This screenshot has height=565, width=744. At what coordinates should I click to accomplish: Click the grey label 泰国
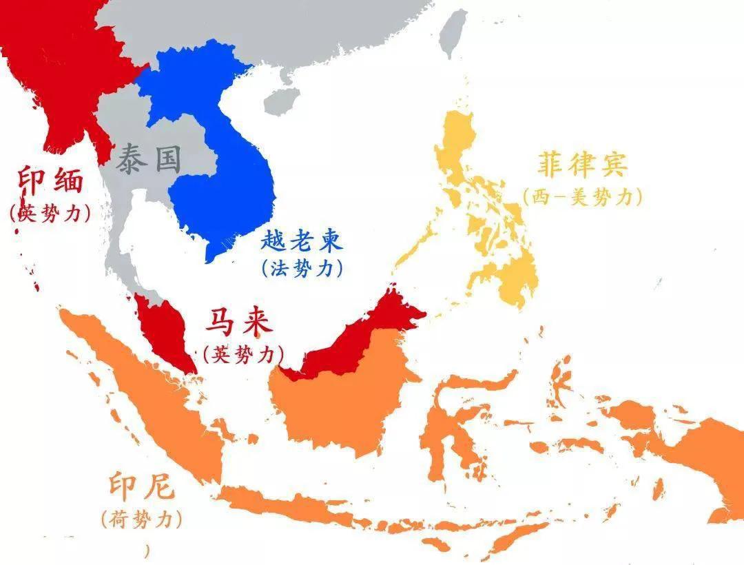(x=148, y=159)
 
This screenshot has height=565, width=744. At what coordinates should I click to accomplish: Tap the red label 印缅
(x=50, y=181)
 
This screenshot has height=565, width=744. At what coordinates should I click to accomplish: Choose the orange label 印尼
(x=141, y=489)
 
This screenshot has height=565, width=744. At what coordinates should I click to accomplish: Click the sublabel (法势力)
(x=302, y=268)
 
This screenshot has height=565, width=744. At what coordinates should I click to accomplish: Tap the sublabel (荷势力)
(x=141, y=519)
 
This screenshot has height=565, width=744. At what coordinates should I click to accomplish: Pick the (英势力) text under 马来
(x=243, y=354)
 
